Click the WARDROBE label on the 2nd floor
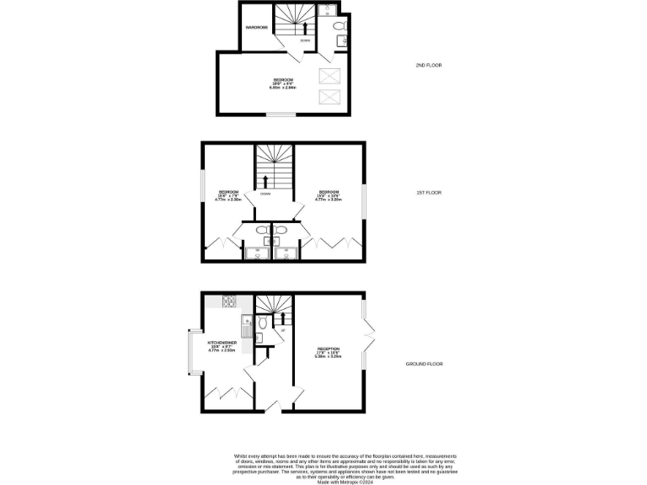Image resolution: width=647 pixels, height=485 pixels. pyautogui.click(x=256, y=28)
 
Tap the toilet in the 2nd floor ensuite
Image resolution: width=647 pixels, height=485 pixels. pyautogui.click(x=339, y=27)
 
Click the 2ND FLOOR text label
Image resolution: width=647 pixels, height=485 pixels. pyautogui.click(x=429, y=65)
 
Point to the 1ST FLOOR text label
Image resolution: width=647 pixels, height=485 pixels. pyautogui.click(x=429, y=192)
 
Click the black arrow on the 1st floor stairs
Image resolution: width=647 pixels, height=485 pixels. pyautogui.click(x=266, y=180)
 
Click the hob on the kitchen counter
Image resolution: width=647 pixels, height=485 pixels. pyautogui.click(x=228, y=301)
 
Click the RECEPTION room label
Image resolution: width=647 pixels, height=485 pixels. pyautogui.click(x=328, y=349)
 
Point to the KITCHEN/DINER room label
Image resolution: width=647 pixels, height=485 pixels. pyautogui.click(x=222, y=343)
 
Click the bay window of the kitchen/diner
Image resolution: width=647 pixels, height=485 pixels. pyautogui.click(x=191, y=352)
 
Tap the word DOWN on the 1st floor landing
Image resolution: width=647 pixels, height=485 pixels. pyautogui.click(x=265, y=195)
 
